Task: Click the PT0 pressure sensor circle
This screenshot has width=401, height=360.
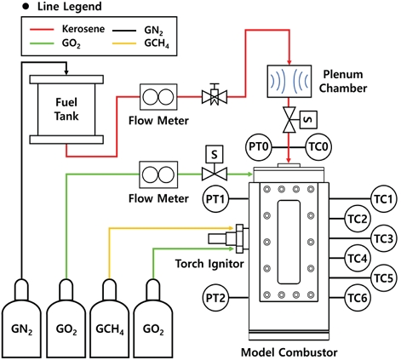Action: tap(259, 147)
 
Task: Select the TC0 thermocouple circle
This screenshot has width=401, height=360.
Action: tap(318, 147)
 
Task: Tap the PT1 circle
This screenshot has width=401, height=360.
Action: tap(215, 199)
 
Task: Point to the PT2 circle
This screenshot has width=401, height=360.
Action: tap(215, 298)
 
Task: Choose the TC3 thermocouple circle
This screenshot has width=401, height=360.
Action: tap(384, 238)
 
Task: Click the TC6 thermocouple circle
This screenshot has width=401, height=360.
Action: tap(358, 298)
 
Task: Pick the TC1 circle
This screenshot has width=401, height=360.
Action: tap(384, 199)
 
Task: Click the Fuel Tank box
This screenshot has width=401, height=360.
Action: tap(66, 110)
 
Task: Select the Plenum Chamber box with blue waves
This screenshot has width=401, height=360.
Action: tap(289, 82)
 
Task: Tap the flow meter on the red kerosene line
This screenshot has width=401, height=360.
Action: tap(158, 97)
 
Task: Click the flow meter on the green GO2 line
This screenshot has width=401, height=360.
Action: tap(158, 174)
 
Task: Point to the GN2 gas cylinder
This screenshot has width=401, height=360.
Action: tap(21, 318)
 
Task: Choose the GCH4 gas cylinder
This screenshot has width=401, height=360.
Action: tap(110, 318)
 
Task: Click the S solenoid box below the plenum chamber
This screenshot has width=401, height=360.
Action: tap(308, 120)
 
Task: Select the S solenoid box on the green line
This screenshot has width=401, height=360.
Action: tap(215, 154)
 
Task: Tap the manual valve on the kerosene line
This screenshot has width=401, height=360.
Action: tap(215, 94)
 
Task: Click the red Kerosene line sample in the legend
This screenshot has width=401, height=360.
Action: tap(42, 29)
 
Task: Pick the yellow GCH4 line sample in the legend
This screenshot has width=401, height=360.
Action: tap(124, 43)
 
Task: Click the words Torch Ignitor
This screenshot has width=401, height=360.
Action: tap(209, 264)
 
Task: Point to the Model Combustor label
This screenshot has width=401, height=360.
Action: tap(289, 352)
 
